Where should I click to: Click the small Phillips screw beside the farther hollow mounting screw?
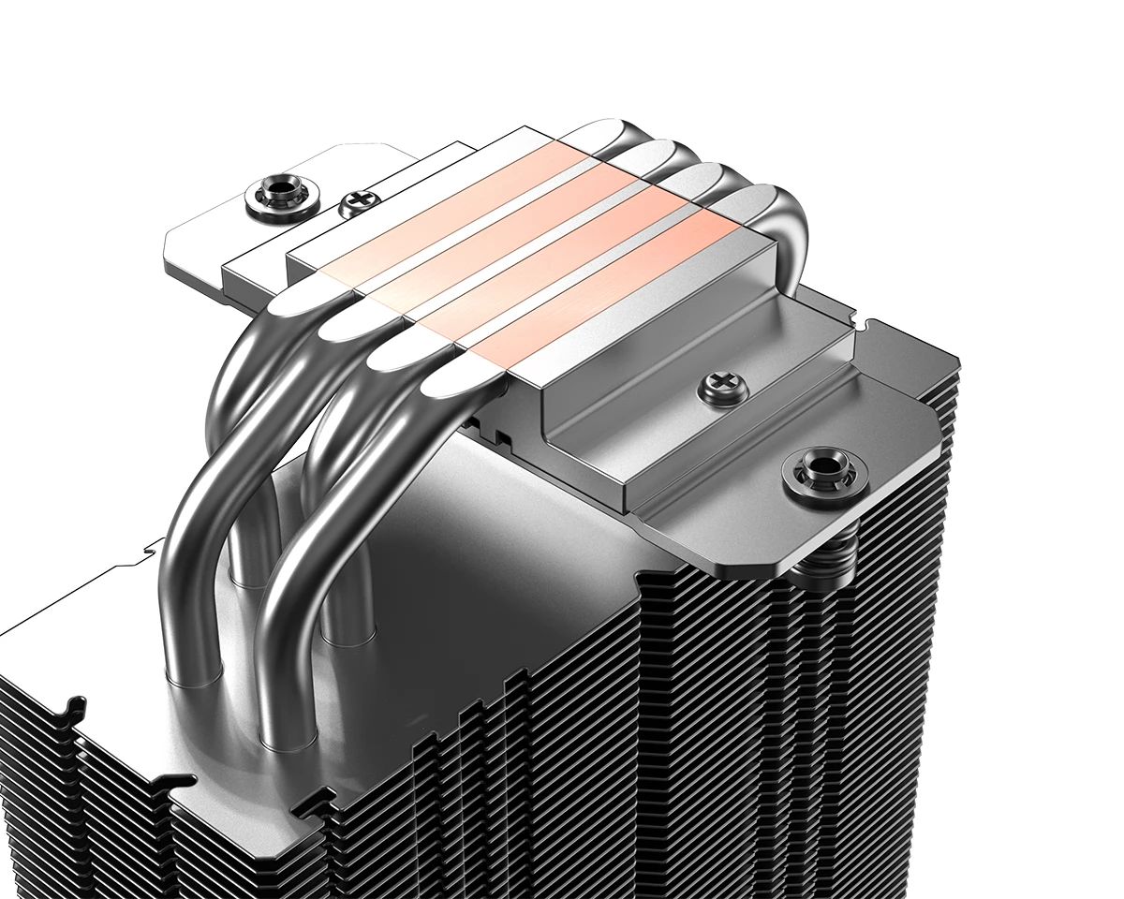pos(358,200)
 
